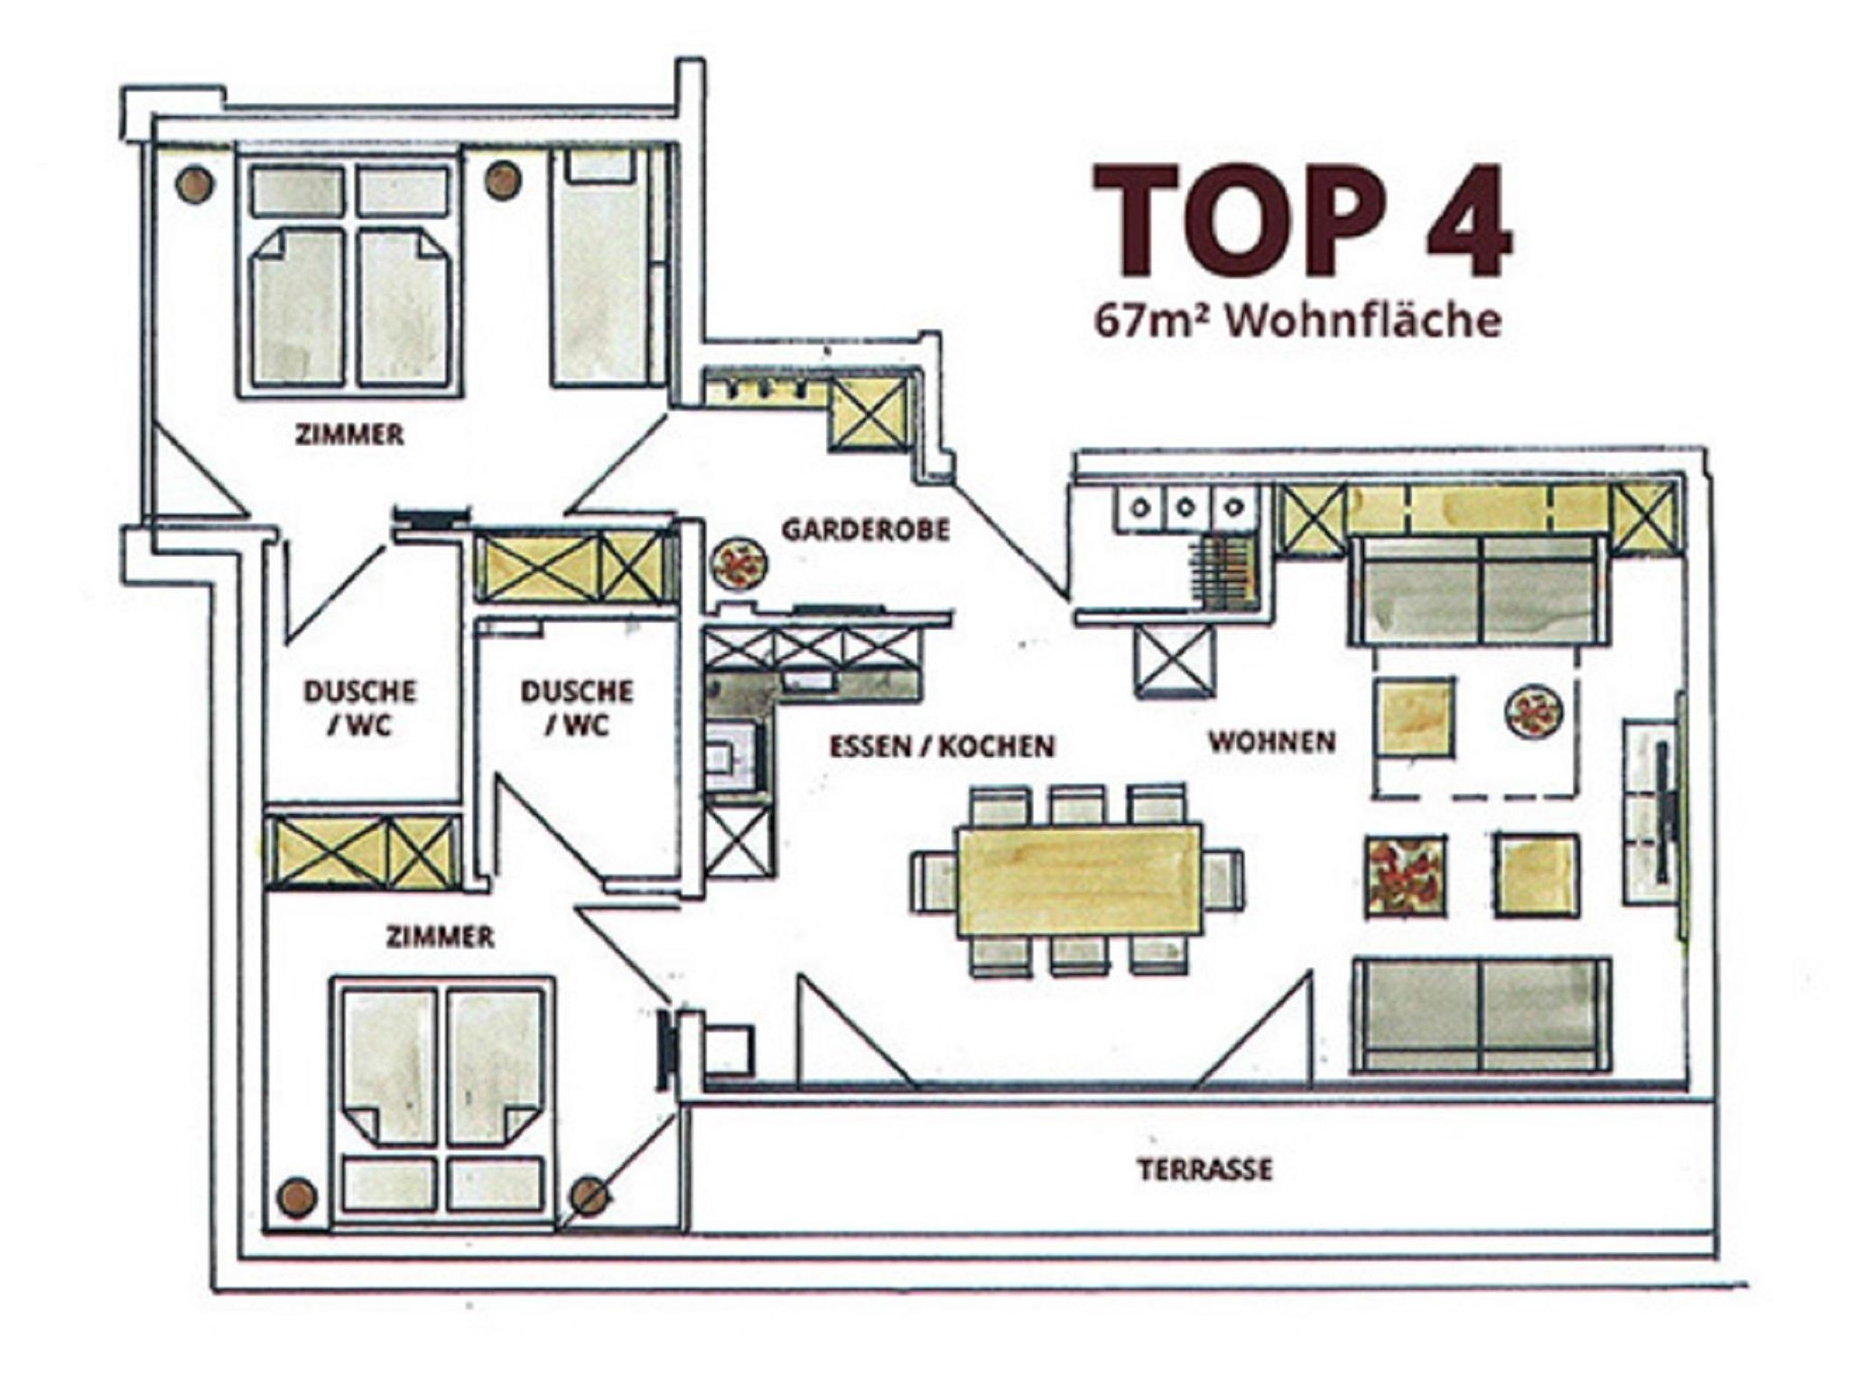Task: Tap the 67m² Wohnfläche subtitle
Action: tap(1297, 320)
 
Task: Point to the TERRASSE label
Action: tap(1204, 1170)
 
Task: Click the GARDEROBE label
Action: tap(866, 529)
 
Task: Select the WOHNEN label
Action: tap(1272, 742)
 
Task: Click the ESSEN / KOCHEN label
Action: tap(942, 746)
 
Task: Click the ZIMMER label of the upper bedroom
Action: tap(349, 435)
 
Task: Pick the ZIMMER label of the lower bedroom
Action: tap(440, 937)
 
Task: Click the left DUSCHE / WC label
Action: tap(359, 708)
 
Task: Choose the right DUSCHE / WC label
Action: tap(577, 708)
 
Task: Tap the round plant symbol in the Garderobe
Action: tap(739, 565)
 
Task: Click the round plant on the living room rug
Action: tap(1533, 712)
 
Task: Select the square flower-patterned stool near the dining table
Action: tap(1406, 875)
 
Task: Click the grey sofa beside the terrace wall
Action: tap(1481, 1015)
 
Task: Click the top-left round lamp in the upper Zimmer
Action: tap(195, 184)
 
